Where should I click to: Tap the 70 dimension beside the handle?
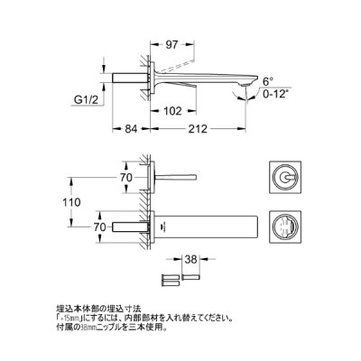point(127,180)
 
